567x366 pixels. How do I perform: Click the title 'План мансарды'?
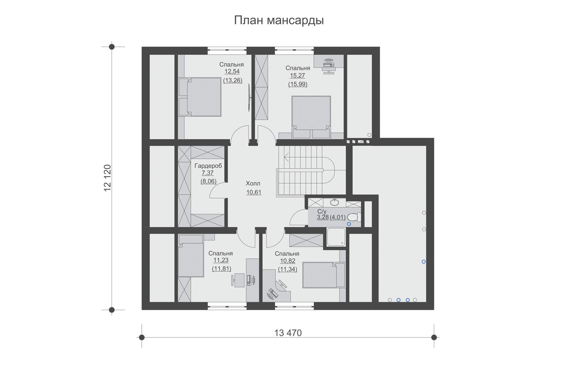pyautogui.click(x=279, y=20)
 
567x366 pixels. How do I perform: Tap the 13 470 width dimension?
pyautogui.click(x=288, y=333)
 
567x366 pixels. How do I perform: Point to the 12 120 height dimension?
pyautogui.click(x=107, y=178)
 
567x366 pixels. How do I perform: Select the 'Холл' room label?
pyautogui.click(x=253, y=184)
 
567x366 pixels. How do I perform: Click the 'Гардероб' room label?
pyautogui.click(x=208, y=166)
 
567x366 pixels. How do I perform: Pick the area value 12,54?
pyautogui.click(x=232, y=72)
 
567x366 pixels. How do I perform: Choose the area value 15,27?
pyautogui.click(x=298, y=76)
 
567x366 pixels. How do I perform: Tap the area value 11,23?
pyautogui.click(x=221, y=261)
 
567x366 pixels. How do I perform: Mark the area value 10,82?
pyautogui.click(x=287, y=261)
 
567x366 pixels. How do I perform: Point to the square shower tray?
pyautogui.click(x=336, y=237)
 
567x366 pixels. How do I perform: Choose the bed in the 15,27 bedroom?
pyautogui.click(x=311, y=117)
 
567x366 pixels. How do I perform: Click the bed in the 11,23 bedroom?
pyautogui.click(x=191, y=256)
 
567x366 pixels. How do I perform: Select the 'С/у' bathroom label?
pyautogui.click(x=322, y=211)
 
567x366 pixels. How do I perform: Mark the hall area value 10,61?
pyautogui.click(x=254, y=193)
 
